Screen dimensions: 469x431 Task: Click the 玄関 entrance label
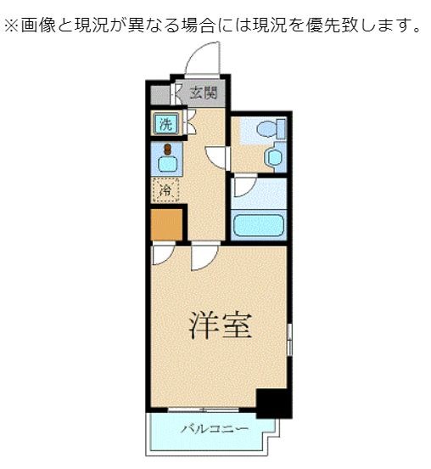202,93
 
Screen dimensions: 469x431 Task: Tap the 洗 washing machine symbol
165,124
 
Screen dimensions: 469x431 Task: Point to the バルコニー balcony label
215,428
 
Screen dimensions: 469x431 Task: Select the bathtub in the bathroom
258,226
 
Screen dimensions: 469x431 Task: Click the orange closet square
166,224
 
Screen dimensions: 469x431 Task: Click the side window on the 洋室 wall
289,340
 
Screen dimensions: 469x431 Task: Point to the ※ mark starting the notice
12,26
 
